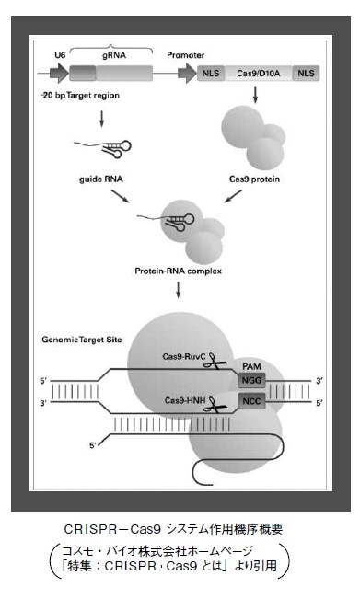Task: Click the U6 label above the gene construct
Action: [60, 55]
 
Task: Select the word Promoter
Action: [185, 55]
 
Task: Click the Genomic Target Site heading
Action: [84, 340]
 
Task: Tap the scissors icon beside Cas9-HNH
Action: [209, 402]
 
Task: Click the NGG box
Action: [250, 380]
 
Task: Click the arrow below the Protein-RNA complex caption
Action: [176, 293]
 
